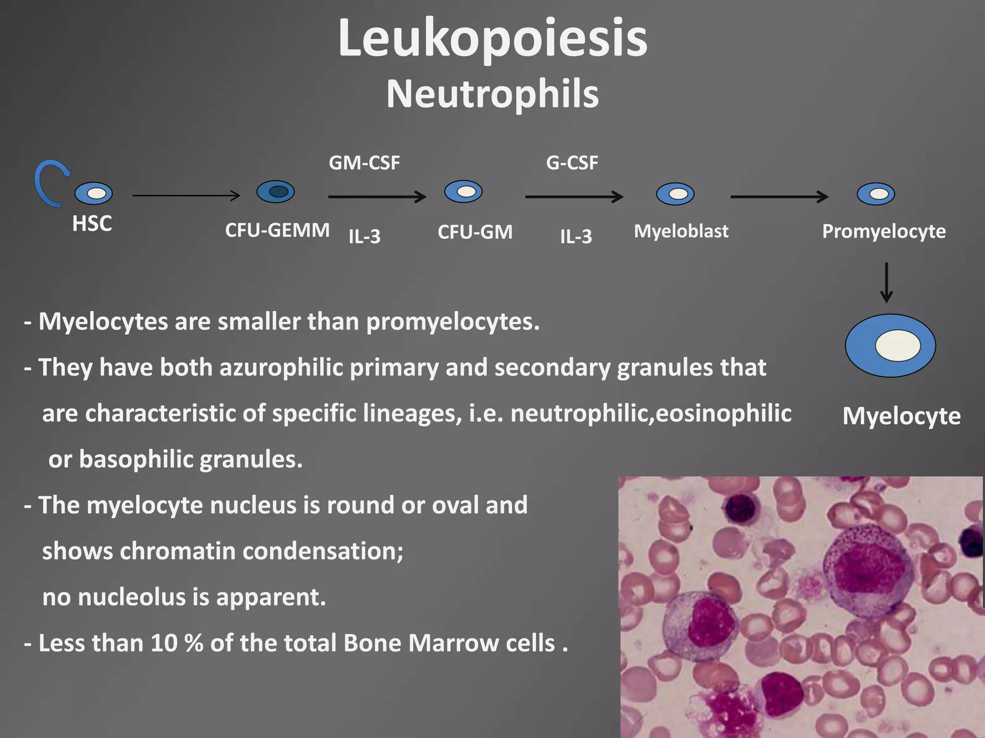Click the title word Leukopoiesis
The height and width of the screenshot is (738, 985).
pyautogui.click(x=492, y=38)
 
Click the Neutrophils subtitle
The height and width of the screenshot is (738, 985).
pyautogui.click(x=492, y=94)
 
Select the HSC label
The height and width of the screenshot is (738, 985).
pyautogui.click(x=92, y=224)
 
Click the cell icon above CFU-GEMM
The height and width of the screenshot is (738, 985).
pyautogui.click(x=276, y=192)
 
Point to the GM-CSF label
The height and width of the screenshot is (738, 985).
pyautogui.click(x=364, y=163)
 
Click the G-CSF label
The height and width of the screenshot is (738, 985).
pyautogui.click(x=572, y=163)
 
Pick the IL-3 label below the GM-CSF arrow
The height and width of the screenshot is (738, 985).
pyautogui.click(x=365, y=236)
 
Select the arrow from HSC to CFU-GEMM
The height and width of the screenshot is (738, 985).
pyautogui.click(x=186, y=196)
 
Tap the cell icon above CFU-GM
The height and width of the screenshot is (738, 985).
pyautogui.click(x=463, y=192)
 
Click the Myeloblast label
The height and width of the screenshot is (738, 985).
pyautogui.click(x=681, y=232)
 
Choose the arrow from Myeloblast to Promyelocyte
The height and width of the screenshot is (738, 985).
pyautogui.click(x=779, y=197)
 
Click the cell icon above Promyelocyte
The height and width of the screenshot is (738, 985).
pyautogui.click(x=876, y=194)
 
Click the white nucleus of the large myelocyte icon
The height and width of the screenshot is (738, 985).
pyautogui.click(x=897, y=345)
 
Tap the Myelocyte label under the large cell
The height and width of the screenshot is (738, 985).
pyautogui.click(x=901, y=416)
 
